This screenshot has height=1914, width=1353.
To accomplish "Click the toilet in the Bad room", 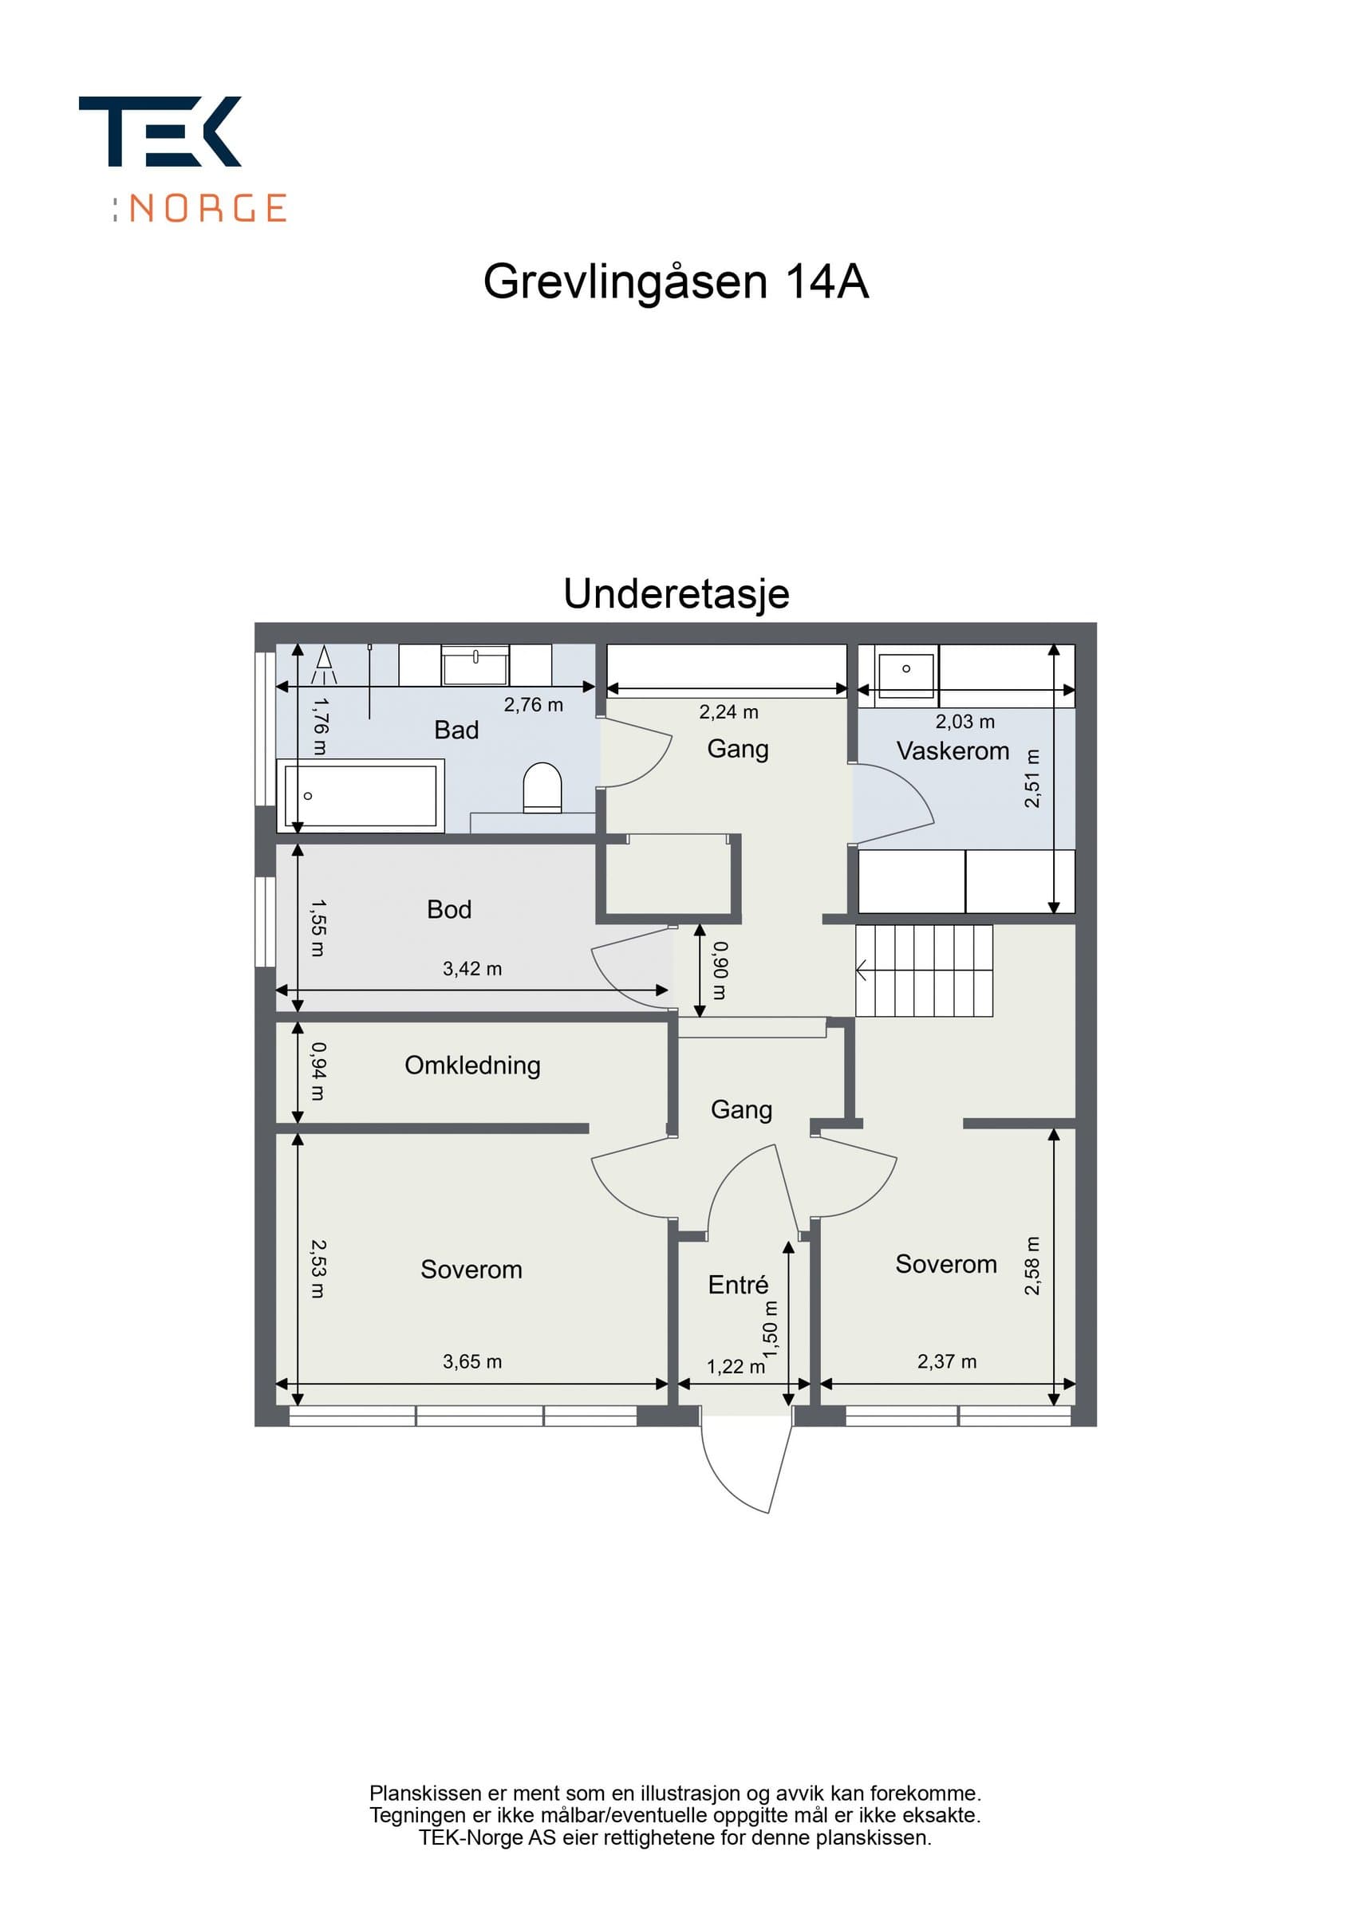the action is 542,787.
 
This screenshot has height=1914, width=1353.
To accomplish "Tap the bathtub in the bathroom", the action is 360,795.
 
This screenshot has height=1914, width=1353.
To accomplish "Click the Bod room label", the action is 448,908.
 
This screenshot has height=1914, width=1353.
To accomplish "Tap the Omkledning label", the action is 473,1065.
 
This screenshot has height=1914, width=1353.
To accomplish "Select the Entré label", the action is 738,1285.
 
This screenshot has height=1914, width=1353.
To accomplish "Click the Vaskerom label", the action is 953,750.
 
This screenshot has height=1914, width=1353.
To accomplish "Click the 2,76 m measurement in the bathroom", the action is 534,704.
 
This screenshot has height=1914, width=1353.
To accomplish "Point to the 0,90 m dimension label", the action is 720,971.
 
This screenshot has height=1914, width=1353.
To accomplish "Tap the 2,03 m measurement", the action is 964,721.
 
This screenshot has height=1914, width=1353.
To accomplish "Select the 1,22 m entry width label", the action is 736,1366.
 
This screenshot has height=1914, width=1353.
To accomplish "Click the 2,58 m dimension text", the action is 1032,1266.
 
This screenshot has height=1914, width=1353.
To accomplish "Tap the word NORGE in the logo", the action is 208,207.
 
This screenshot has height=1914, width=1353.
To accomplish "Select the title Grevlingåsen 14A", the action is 676,282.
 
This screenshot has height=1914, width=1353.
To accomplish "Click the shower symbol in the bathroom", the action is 324,664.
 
